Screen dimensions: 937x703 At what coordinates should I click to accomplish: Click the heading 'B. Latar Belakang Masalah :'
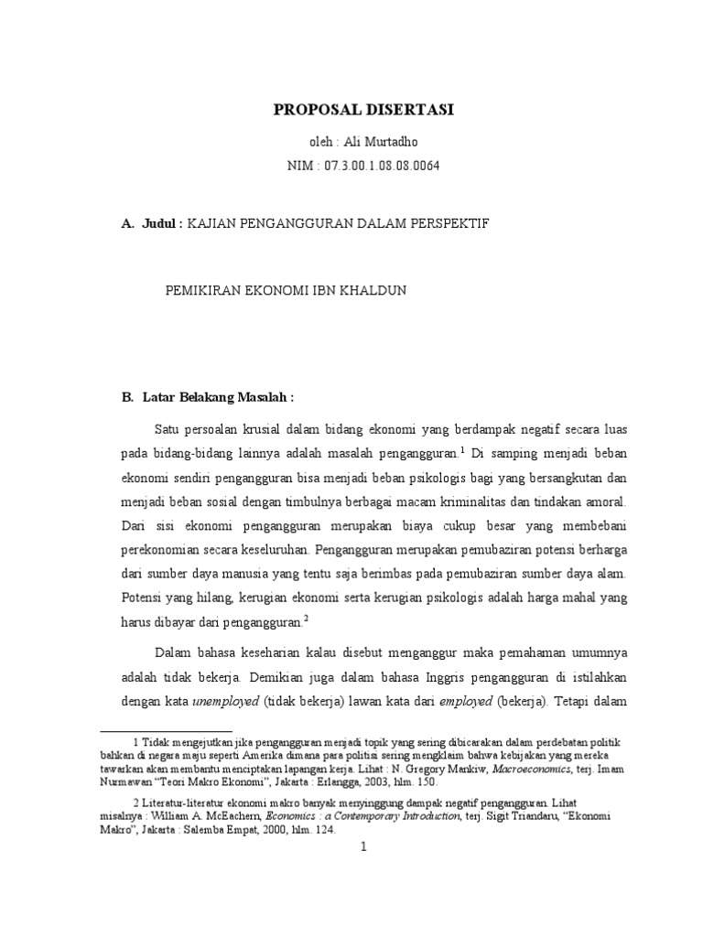(x=208, y=397)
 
